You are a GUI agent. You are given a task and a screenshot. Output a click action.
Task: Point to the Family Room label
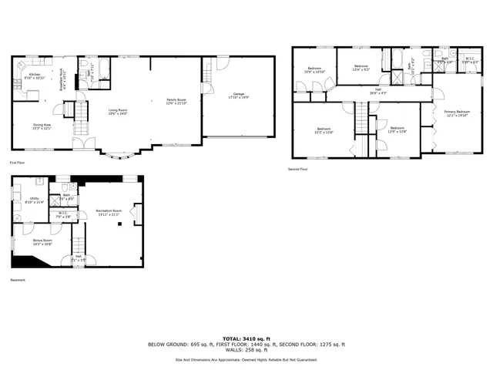click(x=176, y=100)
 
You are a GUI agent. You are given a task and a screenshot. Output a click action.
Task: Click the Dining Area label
click(x=42, y=126)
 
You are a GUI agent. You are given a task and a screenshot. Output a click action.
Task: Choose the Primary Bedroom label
click(x=457, y=113)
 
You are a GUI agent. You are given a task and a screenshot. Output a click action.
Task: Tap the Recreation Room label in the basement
click(x=108, y=211)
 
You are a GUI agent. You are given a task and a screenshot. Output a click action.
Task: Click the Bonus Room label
click(x=42, y=242)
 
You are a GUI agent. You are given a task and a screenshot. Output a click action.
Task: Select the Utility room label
click(x=35, y=200)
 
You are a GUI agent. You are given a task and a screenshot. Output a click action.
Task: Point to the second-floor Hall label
click(x=378, y=90)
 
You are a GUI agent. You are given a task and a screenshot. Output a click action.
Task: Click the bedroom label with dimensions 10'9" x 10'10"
click(x=315, y=69)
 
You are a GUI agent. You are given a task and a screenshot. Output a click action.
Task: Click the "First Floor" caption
click(x=18, y=163)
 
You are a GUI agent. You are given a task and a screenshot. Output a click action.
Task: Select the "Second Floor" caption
click(x=298, y=169)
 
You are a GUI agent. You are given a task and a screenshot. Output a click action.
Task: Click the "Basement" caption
click(x=18, y=281)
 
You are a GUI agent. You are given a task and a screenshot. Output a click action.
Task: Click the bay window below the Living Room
click(x=119, y=156)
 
